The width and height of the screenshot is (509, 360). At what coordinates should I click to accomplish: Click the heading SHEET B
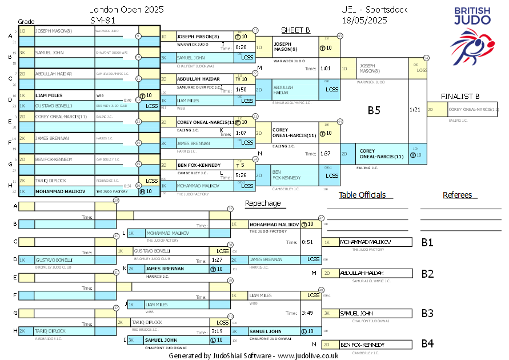[295, 30]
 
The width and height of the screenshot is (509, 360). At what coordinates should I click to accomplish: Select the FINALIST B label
[460, 96]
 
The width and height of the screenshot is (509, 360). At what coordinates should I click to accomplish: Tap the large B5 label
[374, 110]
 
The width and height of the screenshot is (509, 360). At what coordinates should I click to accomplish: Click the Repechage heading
[263, 203]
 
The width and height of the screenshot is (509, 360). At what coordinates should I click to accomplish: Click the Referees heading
[457, 195]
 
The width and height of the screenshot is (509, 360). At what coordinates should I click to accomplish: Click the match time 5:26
[241, 175]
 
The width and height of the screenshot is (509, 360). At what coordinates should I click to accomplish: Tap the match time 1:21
[415, 109]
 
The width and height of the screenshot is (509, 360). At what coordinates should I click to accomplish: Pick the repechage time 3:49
[307, 313]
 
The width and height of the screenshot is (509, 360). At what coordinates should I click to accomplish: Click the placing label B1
[427, 242]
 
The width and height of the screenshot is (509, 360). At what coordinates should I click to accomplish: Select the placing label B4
[427, 344]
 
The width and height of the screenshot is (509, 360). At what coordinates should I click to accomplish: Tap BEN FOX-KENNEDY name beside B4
[363, 345]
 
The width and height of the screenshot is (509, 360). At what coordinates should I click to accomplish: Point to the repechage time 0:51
[307, 242]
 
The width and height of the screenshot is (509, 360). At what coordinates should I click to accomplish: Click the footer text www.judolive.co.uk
[308, 355]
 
